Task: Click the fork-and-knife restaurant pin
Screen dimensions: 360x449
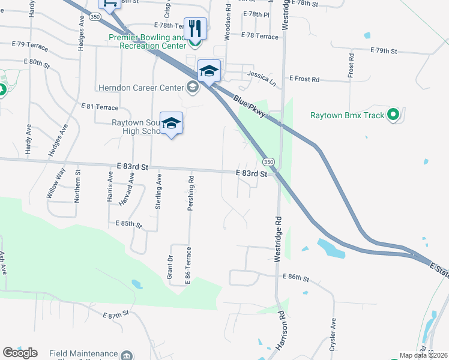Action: coord(195,28)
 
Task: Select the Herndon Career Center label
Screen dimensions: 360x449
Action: coord(140,88)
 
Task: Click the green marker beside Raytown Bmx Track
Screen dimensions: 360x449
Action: coord(393,114)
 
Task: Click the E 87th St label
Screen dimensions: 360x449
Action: coord(116,314)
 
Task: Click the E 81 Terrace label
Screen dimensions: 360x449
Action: coord(100,107)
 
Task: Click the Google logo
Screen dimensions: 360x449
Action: coord(20,353)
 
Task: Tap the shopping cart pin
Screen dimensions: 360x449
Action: coord(109,5)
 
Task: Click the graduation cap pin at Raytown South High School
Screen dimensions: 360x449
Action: coord(171,124)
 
